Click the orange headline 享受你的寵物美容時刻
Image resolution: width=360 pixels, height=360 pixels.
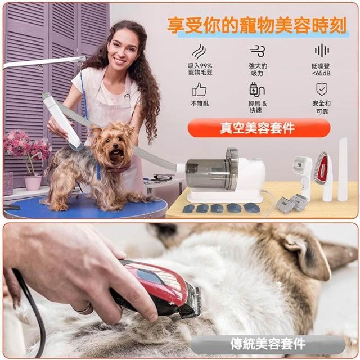click(256, 25)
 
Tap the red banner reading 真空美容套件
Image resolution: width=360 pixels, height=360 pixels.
click(259, 128)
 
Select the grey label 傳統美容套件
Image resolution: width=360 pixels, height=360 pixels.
click(268, 344)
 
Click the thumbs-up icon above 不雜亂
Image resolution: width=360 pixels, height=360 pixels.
click(199, 89)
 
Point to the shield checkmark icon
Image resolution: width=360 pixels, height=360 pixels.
click(322, 89)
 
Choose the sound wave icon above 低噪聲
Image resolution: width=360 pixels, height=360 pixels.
click(322, 50)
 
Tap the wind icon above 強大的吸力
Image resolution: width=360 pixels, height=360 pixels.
click(258, 51)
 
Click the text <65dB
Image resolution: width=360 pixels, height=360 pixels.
click(321, 73)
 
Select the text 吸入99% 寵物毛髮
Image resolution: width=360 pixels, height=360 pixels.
click(200, 69)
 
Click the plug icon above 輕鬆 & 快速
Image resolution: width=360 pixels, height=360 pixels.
click(257, 89)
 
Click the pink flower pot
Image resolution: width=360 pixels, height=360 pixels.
click(33, 183)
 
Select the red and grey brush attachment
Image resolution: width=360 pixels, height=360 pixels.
click(323, 174)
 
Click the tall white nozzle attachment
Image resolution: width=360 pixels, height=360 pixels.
click(343, 169)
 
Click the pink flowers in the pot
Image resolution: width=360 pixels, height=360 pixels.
click(27, 144)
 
